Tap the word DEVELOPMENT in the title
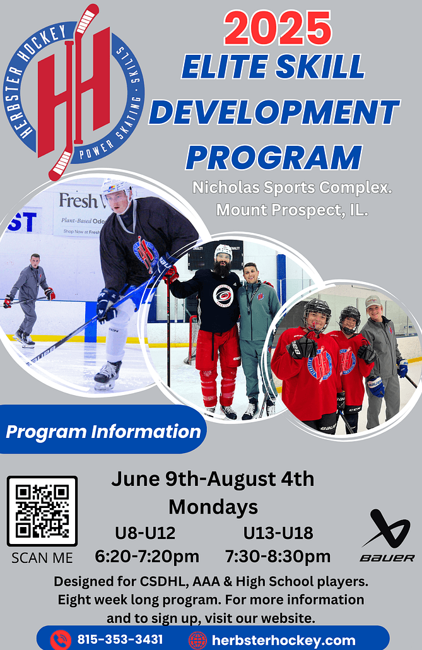pyautogui.click(x=274, y=112)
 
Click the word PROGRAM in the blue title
pyautogui.click(x=274, y=157)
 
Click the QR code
pyautogui.click(x=42, y=511)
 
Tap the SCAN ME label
pyautogui.click(x=42, y=558)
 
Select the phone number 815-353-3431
pyautogui.click(x=120, y=639)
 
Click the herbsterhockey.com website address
pyautogui.click(x=284, y=639)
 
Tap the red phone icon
pyautogui.click(x=61, y=640)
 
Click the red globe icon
pyautogui.click(x=197, y=640)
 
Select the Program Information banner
pyautogui.click(x=103, y=432)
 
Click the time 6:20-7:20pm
pyautogui.click(x=147, y=557)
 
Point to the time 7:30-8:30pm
pyautogui.click(x=278, y=557)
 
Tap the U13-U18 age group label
pyautogui.click(x=278, y=533)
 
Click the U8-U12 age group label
pyautogui.click(x=145, y=533)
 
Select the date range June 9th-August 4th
pyautogui.click(x=213, y=479)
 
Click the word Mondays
pyautogui.click(x=213, y=506)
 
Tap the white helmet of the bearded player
pyautogui.click(x=223, y=251)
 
